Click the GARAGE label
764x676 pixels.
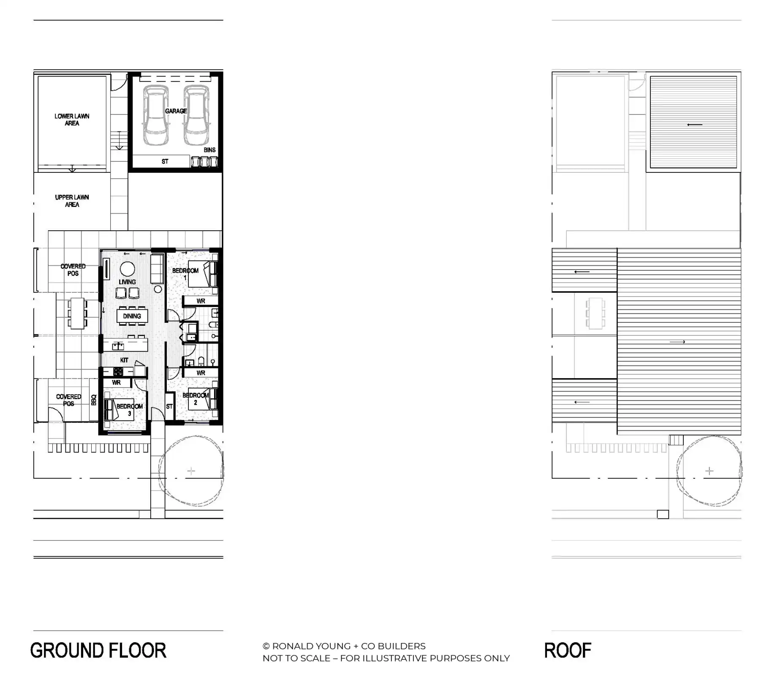(x=176, y=111)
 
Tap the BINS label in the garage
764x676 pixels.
(x=209, y=150)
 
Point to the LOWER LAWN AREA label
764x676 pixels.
(x=72, y=120)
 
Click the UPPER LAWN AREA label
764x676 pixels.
(x=72, y=201)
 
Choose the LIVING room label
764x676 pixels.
(x=127, y=282)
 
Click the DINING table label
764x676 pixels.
(x=132, y=316)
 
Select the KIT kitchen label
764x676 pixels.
(x=124, y=360)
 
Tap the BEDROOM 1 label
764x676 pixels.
(x=185, y=274)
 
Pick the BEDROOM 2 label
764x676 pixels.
(x=195, y=399)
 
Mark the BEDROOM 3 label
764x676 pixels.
(x=129, y=409)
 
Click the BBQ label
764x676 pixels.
(x=94, y=400)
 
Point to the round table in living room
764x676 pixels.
(x=127, y=269)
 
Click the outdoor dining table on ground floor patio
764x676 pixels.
(x=77, y=313)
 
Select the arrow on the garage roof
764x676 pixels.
(x=694, y=125)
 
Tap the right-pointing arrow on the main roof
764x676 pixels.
(x=677, y=342)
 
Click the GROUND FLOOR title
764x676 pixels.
(x=98, y=651)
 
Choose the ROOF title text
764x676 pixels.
(x=568, y=651)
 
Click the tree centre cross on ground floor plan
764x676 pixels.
(x=191, y=471)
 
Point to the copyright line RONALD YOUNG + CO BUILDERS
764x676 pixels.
(x=344, y=646)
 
